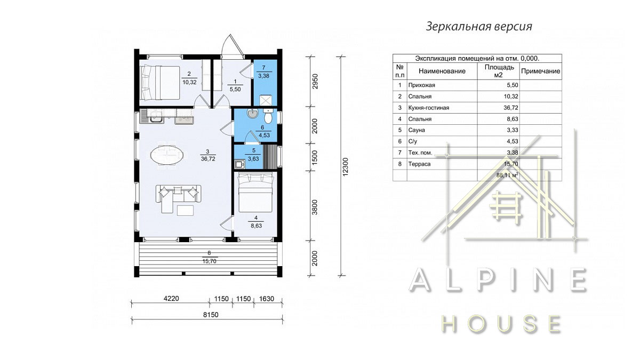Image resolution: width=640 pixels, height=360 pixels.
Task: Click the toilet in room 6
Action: (x=268, y=116)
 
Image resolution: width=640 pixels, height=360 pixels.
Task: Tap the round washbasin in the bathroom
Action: (x=253, y=114)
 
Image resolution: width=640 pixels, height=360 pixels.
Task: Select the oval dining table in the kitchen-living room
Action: (x=167, y=155)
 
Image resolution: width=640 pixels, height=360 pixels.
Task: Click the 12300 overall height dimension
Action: (x=346, y=166)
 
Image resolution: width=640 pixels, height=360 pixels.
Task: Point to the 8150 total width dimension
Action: (x=211, y=315)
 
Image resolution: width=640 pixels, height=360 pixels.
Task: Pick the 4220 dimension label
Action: (x=171, y=299)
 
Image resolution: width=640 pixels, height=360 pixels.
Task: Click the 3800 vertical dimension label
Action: (x=315, y=207)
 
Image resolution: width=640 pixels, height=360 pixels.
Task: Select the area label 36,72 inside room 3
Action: (x=208, y=159)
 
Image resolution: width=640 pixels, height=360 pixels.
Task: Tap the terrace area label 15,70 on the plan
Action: (x=210, y=261)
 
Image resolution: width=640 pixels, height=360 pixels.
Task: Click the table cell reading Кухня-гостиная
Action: (x=429, y=108)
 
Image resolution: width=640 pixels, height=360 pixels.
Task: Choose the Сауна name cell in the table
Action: (x=417, y=130)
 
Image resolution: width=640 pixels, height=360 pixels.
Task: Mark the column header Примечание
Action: (x=541, y=71)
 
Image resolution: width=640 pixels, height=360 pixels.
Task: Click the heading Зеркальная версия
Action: (x=479, y=26)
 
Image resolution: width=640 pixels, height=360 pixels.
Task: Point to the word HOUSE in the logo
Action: (x=501, y=324)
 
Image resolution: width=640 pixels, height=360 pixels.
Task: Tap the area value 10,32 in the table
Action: (x=511, y=97)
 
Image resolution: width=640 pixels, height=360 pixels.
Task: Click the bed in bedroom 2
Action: (x=161, y=83)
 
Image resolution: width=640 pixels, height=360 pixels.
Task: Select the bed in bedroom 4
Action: (x=255, y=193)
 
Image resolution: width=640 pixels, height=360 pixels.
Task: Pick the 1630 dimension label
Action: (x=267, y=299)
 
